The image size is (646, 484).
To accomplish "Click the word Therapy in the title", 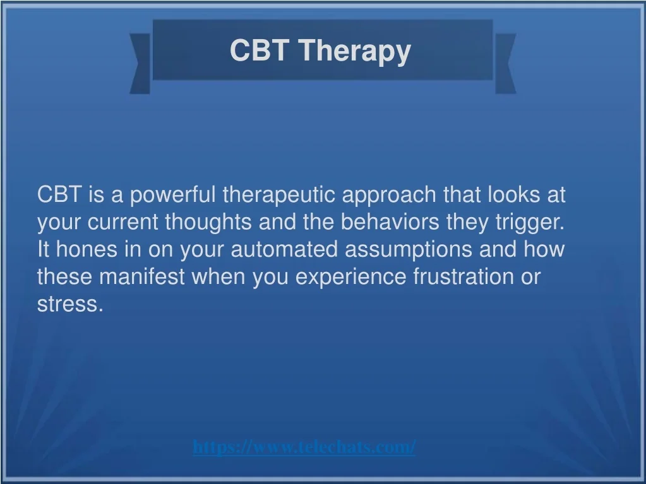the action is pos(355,51).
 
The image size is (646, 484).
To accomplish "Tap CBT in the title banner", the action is pos(259,50).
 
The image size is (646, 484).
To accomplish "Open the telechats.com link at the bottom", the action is pos(304,447).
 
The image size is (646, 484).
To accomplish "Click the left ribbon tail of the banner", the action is pos(140,63).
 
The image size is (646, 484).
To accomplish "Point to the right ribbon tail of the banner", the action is pos(506,63).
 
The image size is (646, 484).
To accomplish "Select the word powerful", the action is pos(172,194).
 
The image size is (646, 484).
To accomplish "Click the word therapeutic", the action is pos(278,194).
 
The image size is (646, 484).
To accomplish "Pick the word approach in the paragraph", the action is pos(389,196).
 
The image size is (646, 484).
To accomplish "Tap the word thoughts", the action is pos(208,222).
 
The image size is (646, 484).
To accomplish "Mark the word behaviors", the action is pos(390,221).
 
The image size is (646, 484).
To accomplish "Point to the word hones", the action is pos(87,249).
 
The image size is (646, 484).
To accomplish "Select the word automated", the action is pos(284,250).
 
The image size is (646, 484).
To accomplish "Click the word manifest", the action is pos(141,276).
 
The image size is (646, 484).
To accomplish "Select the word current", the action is pos(123,222).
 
